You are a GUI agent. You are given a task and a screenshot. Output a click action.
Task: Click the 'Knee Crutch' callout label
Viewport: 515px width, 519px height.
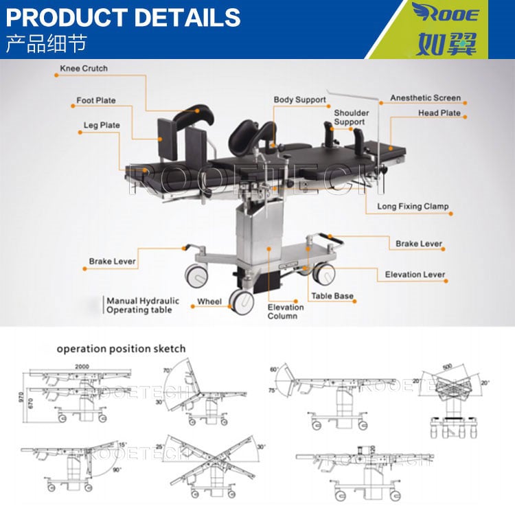[84, 69]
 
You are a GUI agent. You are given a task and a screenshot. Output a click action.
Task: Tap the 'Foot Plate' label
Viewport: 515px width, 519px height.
[96, 101]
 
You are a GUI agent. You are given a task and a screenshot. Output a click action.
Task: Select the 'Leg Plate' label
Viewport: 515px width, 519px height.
[100, 126]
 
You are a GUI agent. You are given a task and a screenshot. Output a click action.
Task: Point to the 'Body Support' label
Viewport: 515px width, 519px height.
[299, 100]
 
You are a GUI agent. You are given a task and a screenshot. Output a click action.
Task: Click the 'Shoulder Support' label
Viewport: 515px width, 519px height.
[351, 117]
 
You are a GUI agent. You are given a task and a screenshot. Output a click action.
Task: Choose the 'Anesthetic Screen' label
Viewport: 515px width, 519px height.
[425, 98]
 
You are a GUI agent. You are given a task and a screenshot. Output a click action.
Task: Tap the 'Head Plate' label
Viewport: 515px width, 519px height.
[439, 113]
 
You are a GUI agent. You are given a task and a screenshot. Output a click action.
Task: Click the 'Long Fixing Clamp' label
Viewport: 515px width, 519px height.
[413, 206]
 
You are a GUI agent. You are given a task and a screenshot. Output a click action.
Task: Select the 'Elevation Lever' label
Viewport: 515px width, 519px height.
[415, 275]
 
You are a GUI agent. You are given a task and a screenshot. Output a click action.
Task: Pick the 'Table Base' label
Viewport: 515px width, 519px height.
[332, 297]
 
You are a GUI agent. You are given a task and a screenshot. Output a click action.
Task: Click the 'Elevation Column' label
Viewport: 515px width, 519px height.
[286, 311]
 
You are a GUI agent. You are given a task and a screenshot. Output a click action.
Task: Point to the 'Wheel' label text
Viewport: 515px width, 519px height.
[209, 301]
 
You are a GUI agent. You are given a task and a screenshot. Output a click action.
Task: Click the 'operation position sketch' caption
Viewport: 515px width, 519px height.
[121, 349]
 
